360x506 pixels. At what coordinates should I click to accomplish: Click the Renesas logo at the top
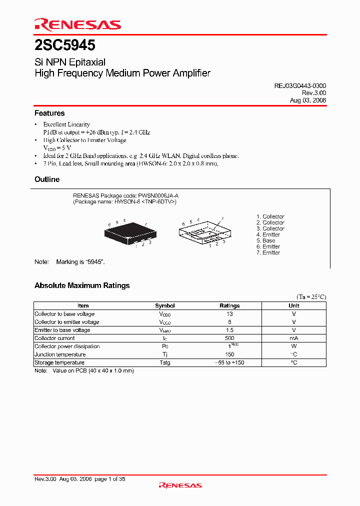click(x=77, y=24)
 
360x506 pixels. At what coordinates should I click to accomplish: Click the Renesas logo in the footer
click(x=180, y=485)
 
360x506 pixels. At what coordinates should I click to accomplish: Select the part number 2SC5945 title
click(x=65, y=46)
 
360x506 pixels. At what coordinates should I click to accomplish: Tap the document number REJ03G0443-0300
click(x=300, y=86)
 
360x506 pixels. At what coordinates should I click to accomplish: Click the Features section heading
click(x=49, y=113)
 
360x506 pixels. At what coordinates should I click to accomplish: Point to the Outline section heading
click(x=47, y=179)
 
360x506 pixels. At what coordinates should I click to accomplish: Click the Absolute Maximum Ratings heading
click(x=82, y=285)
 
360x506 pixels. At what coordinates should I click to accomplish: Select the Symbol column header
click(x=165, y=305)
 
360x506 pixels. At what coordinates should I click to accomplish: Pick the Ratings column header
click(x=229, y=305)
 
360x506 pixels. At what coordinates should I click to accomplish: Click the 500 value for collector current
click(x=229, y=338)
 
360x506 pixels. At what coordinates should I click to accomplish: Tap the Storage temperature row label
click(x=59, y=362)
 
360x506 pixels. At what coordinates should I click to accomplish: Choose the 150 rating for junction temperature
click(x=229, y=354)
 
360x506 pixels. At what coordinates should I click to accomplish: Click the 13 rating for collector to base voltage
click(x=229, y=314)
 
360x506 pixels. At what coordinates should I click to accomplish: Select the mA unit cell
click(x=294, y=338)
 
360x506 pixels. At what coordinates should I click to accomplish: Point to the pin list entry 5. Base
click(x=265, y=240)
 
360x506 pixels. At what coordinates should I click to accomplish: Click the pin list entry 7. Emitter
click(x=268, y=252)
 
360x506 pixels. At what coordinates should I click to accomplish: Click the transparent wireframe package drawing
click(x=205, y=232)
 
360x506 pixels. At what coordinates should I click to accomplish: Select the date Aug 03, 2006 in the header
click(x=308, y=100)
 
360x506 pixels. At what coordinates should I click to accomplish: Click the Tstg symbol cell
click(x=165, y=362)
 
